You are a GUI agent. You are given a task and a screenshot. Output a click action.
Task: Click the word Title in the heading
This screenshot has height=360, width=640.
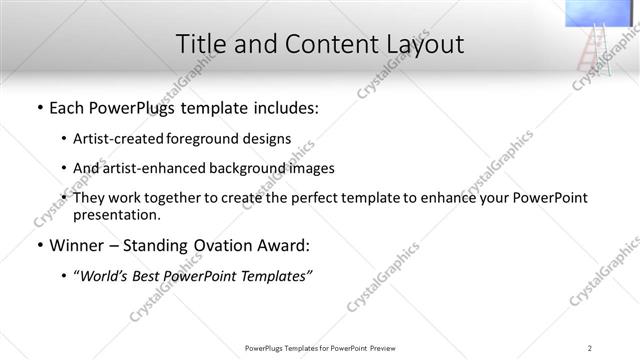click(201, 45)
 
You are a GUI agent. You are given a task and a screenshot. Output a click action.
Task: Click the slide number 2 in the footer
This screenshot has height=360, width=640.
click(590, 347)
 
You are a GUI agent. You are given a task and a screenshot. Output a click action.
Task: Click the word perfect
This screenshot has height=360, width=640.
click(317, 198)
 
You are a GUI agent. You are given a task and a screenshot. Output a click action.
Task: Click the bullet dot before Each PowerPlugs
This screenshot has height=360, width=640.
click(39, 108)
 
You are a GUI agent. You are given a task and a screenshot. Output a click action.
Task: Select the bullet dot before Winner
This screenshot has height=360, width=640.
click(39, 244)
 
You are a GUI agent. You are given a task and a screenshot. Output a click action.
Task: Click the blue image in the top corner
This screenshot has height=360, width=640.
click(602, 13)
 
